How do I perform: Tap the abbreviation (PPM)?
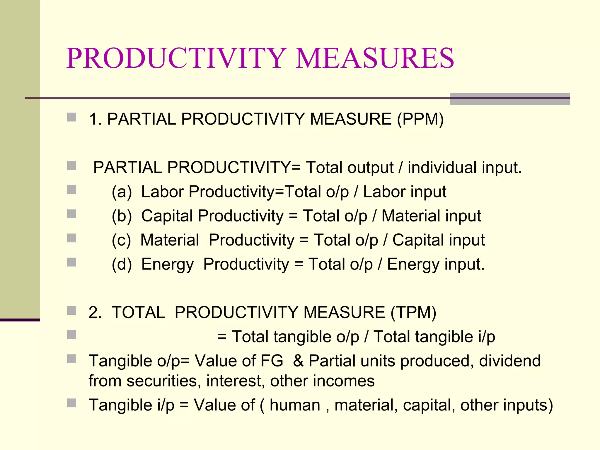click(x=420, y=119)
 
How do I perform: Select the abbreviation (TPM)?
click(x=413, y=312)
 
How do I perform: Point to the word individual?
click(x=442, y=168)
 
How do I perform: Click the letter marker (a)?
click(x=122, y=192)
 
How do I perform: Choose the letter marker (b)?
click(x=122, y=216)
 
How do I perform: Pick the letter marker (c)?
click(x=121, y=240)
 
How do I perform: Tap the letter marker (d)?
click(x=122, y=265)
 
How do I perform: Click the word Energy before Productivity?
click(x=167, y=265)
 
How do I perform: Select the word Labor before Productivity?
click(x=162, y=192)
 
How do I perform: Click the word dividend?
click(x=510, y=361)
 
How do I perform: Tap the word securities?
click(x=164, y=381)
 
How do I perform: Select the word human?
click(x=295, y=405)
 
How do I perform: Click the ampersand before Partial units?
click(x=298, y=361)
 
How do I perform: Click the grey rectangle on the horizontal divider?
click(x=510, y=99)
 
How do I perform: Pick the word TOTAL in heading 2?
click(x=138, y=312)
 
